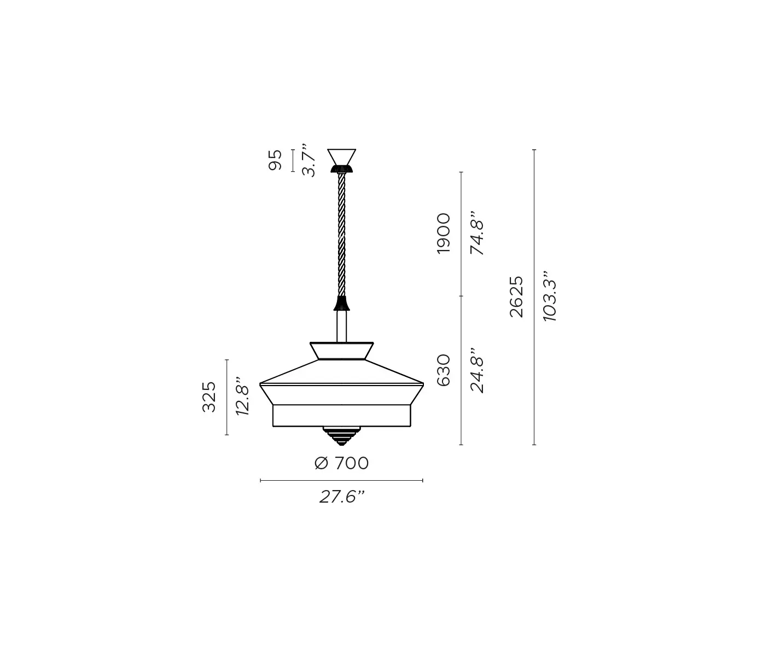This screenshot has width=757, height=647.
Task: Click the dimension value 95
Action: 276,160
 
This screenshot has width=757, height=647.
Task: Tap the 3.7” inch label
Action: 309,160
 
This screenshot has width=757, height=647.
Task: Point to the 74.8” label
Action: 478,234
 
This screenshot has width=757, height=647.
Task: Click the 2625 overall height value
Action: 516,296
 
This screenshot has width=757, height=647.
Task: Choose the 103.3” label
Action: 550,296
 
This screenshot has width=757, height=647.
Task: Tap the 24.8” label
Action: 478,370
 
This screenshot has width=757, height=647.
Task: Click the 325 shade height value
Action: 209,397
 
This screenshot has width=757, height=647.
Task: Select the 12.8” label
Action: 242,397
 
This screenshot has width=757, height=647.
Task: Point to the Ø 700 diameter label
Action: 342,463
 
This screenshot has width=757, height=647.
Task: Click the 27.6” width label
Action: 342,497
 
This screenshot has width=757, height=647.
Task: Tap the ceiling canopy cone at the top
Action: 341,156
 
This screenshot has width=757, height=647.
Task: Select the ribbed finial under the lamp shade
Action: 341,435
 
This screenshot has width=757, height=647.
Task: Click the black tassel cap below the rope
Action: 342,303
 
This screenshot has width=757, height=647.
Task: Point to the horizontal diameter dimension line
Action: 341,481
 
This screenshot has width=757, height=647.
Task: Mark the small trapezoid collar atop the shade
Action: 342,351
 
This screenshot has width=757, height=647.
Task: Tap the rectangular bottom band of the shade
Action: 341,416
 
